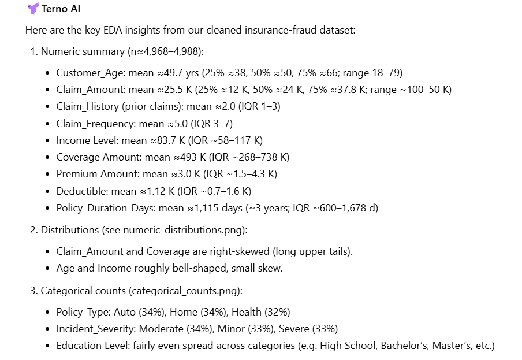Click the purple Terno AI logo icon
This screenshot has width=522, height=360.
coord(33,9)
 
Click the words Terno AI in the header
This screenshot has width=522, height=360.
coord(61,9)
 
